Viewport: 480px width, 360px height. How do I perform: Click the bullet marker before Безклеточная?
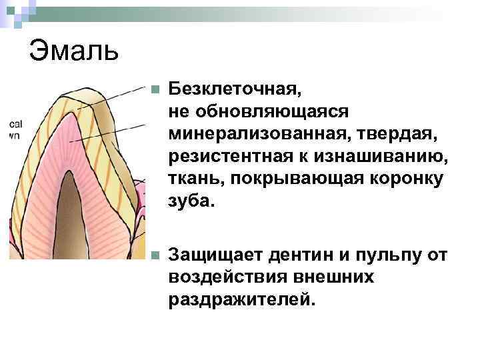[x=154, y=89]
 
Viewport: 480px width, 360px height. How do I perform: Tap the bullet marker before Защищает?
[x=154, y=255]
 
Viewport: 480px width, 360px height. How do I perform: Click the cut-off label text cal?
[x=16, y=124]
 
